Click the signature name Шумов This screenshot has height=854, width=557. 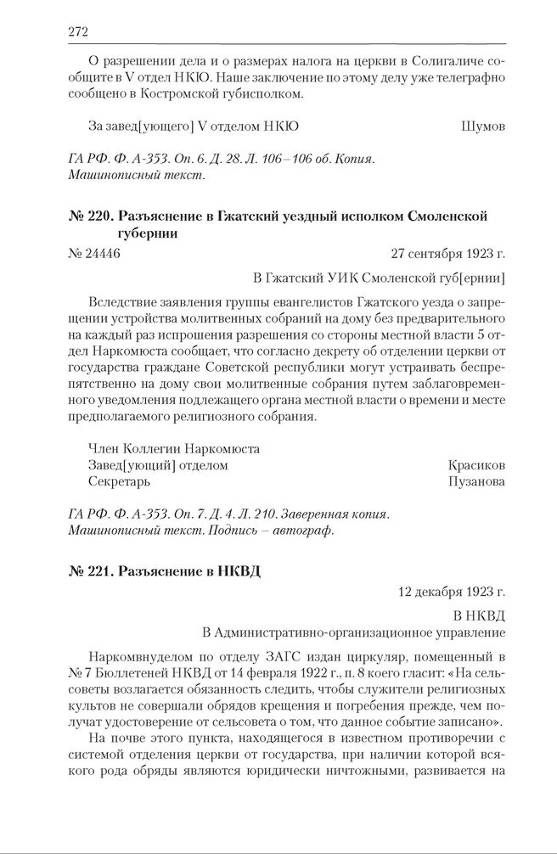pyautogui.click(x=482, y=126)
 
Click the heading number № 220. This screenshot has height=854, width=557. pyautogui.click(x=87, y=216)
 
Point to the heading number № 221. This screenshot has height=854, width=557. pyautogui.click(x=88, y=571)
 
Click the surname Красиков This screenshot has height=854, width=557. pyautogui.click(x=476, y=465)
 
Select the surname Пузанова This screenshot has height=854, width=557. pyautogui.click(x=475, y=481)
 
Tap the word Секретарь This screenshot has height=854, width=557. pyautogui.click(x=119, y=481)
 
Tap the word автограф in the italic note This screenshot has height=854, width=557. pyautogui.click(x=309, y=531)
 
